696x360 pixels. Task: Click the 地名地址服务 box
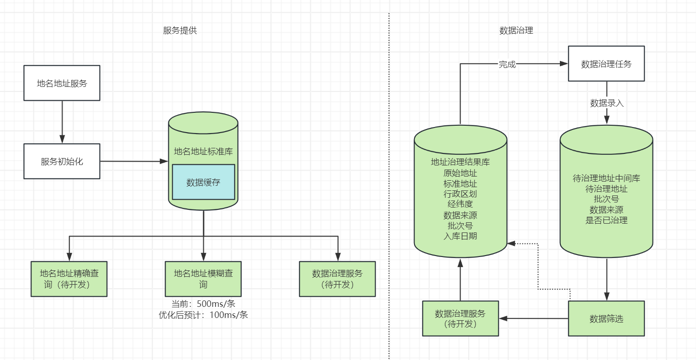coord(62,83)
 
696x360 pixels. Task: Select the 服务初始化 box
coord(62,161)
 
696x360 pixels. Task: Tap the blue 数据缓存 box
coord(203,182)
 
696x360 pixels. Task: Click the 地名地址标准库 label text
coord(203,151)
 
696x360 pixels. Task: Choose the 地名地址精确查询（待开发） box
coord(69,279)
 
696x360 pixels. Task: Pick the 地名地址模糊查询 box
coord(203,279)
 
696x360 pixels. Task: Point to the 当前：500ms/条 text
coord(203,304)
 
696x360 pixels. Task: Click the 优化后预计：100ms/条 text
coord(203,315)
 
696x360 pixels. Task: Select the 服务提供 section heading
coord(180,31)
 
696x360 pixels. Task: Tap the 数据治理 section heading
coord(516,31)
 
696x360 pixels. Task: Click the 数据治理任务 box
coord(606,64)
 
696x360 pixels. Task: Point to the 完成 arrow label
coord(507,64)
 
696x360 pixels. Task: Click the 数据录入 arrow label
coord(607,103)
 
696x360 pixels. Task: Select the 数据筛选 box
coord(606,318)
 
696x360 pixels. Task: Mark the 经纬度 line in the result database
coord(460,204)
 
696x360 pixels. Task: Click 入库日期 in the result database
coord(460,236)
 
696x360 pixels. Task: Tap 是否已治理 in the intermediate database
coord(606,220)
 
